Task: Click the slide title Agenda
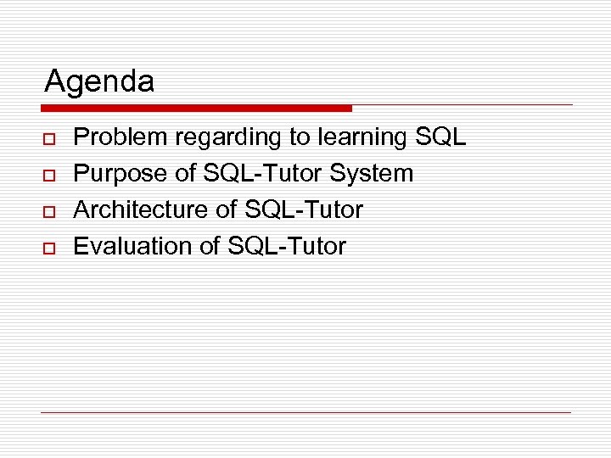click(x=99, y=82)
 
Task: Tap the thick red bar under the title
click(x=196, y=109)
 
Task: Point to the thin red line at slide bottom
click(x=305, y=412)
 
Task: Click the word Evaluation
click(x=126, y=247)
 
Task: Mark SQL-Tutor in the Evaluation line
click(x=287, y=247)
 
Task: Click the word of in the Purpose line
click(x=185, y=174)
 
